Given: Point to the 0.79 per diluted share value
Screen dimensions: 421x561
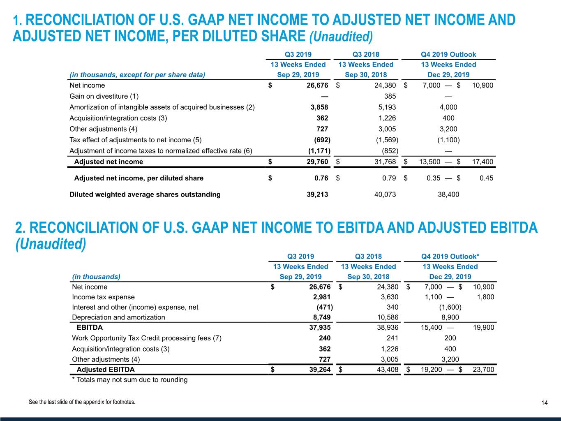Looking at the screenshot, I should tap(389, 178).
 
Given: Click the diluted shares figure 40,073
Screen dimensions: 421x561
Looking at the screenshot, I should tap(385, 194).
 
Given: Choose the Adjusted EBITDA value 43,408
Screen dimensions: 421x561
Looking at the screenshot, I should tap(388, 369).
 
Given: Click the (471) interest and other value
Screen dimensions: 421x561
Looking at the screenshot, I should tap(324, 307).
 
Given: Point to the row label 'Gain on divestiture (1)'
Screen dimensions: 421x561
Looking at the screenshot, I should tap(104, 96).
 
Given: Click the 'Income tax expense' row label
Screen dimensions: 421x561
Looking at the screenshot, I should tap(103, 297).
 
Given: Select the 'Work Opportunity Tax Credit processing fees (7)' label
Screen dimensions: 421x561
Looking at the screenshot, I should tap(147, 338).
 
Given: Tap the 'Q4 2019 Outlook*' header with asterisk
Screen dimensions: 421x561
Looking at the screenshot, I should tap(450, 257).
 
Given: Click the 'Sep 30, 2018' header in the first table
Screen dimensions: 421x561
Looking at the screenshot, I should tap(366, 74).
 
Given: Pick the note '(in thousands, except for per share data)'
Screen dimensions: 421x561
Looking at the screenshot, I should tap(137, 74).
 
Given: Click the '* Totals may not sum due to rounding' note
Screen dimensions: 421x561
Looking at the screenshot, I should tap(130, 379).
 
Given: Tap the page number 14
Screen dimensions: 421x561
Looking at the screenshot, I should tap(544, 403).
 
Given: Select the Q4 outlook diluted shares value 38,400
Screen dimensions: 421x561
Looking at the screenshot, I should tap(448, 194).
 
